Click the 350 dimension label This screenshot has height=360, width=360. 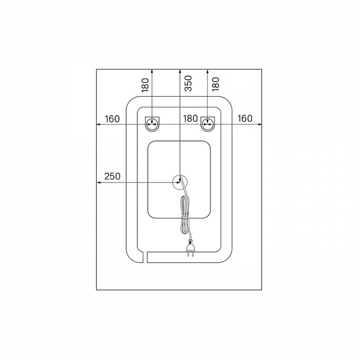(188, 83)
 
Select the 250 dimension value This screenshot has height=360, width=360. (112, 176)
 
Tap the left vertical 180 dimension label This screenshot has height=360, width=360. (145, 85)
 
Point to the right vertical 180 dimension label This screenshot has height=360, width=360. (216, 84)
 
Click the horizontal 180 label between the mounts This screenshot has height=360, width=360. (190, 118)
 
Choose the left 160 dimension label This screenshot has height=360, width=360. (112, 119)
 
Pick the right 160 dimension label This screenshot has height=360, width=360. (245, 118)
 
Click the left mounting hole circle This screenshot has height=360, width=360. (152, 124)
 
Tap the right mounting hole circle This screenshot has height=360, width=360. (208, 124)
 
